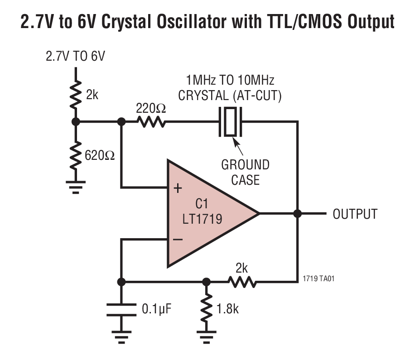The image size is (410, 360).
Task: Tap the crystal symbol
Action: click(x=231, y=122)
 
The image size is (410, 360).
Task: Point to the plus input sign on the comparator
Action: click(x=178, y=187)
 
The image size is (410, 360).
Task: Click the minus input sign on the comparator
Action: click(x=178, y=239)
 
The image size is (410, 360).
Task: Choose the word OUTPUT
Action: click(x=355, y=214)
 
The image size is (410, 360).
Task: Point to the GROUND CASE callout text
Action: click(x=245, y=172)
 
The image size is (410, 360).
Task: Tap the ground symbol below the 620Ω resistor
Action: click(x=76, y=187)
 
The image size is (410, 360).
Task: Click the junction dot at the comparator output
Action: click(x=298, y=214)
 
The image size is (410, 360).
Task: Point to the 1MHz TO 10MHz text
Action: click(x=230, y=81)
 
